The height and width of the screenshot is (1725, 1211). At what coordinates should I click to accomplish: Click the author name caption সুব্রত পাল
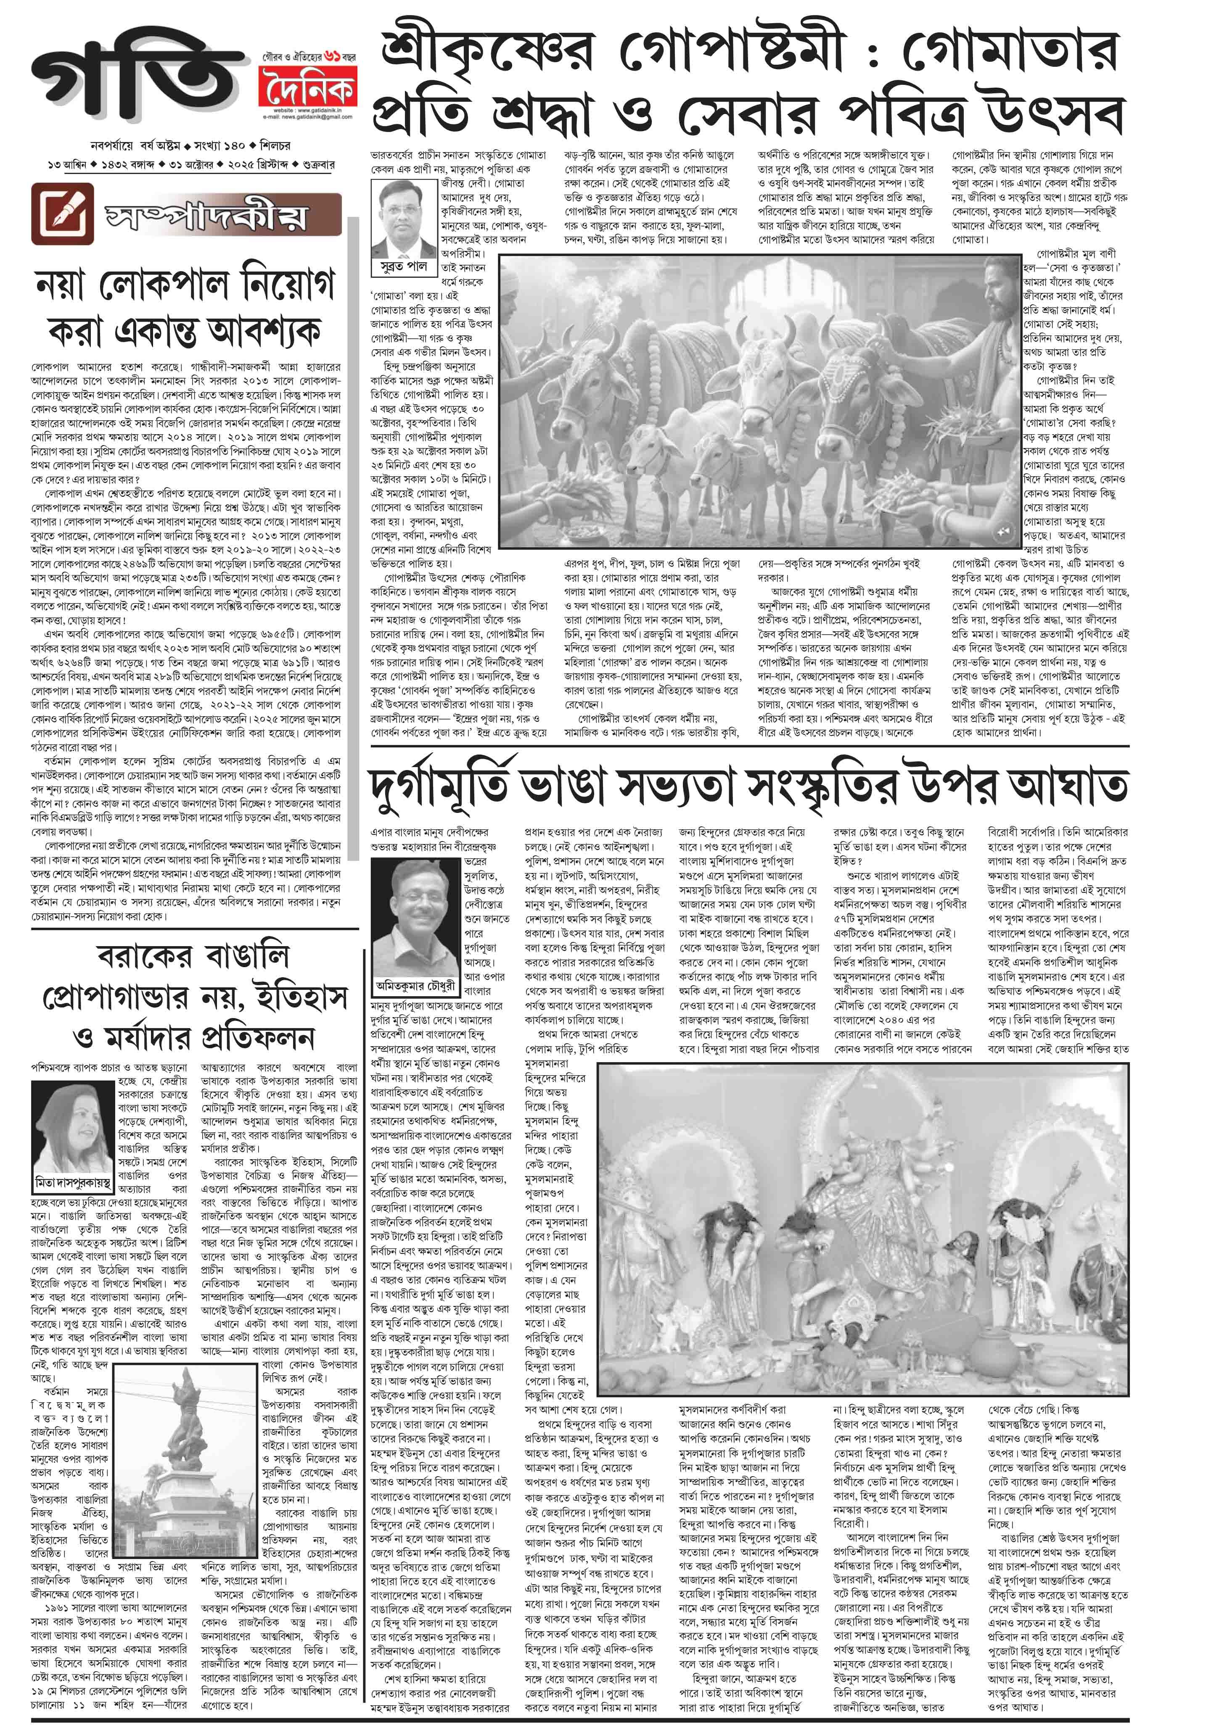point(405,266)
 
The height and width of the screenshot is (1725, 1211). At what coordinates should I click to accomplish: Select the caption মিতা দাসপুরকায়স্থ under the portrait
point(73,1182)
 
